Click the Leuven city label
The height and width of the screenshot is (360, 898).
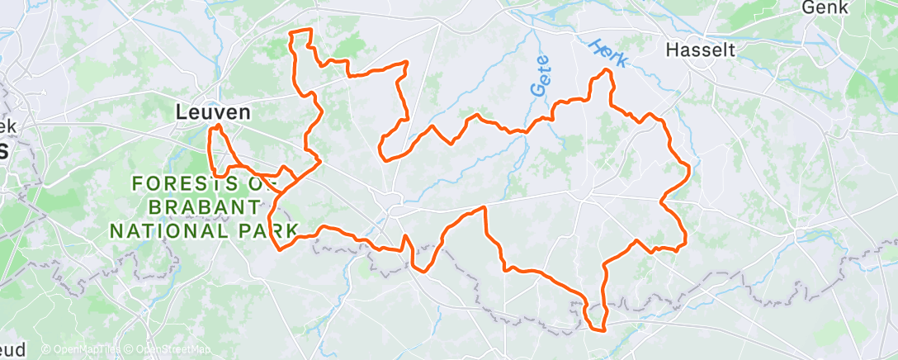214,112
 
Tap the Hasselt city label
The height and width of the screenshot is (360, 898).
700,50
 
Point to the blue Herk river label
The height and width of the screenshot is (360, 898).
610,53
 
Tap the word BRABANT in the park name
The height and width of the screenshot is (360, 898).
196,206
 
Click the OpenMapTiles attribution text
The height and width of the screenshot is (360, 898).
80,350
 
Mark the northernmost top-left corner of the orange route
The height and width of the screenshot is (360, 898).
290,33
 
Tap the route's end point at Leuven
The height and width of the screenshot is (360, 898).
217,126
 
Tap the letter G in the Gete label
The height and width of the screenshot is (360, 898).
542,88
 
